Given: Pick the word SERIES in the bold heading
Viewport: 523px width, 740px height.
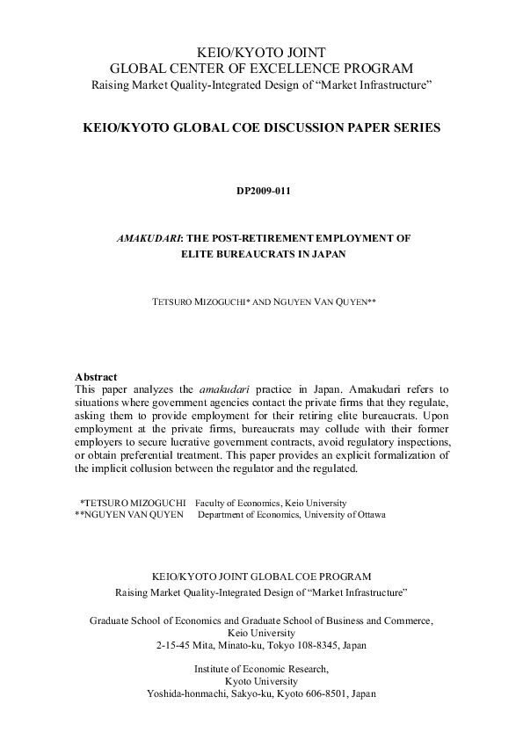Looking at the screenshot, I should pos(416,128).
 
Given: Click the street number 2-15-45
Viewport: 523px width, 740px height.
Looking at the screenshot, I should pos(173,645).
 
